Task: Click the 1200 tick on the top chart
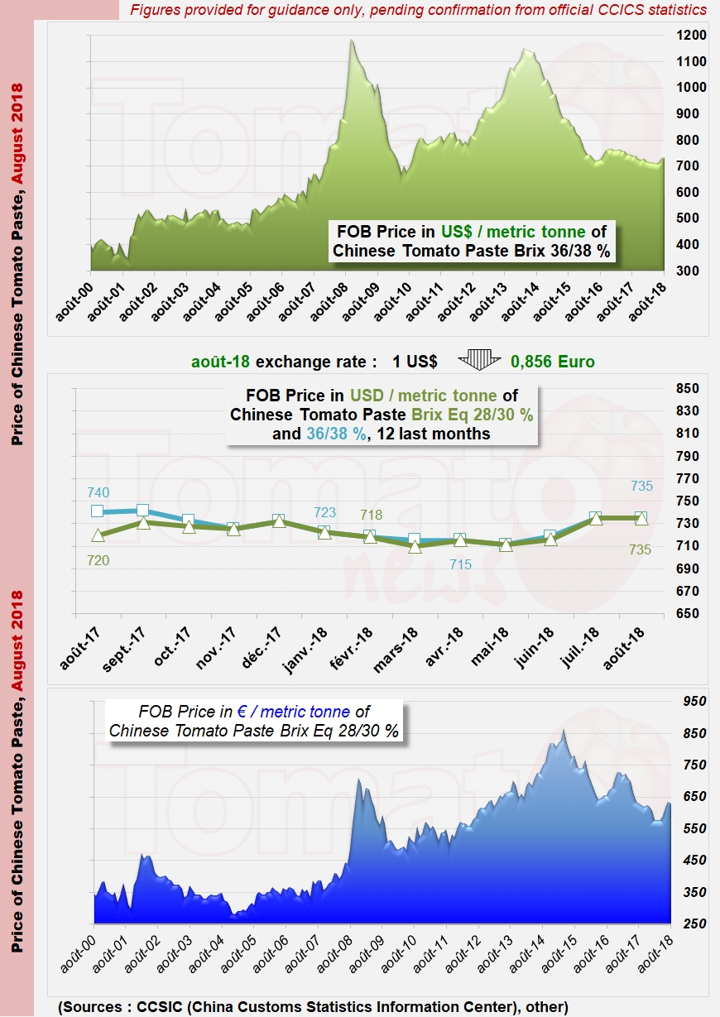(691, 35)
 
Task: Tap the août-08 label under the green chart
(329, 301)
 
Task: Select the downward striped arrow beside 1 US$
(479, 360)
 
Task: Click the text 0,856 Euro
(553, 362)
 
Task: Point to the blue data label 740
(98, 492)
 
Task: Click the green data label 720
(98, 560)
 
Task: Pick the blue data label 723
(324, 512)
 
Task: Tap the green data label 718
(372, 515)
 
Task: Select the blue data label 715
(460, 564)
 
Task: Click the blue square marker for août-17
(97, 511)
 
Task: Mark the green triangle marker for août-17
(98, 535)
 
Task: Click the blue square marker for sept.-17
(142, 510)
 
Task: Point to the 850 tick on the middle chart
(688, 388)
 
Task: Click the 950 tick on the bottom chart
(694, 701)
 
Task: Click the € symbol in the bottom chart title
(242, 712)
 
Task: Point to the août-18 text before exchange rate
(220, 362)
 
